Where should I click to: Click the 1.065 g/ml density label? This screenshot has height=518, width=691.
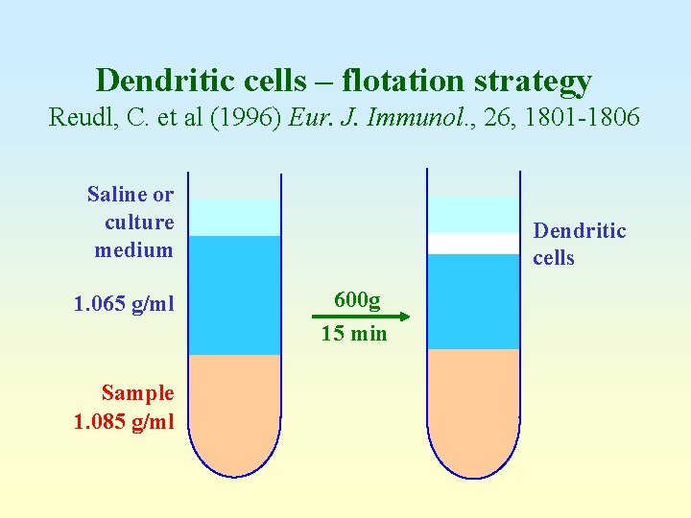click(125, 305)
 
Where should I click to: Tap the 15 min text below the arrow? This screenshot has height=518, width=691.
click(354, 334)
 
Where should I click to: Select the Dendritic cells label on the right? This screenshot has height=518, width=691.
click(580, 244)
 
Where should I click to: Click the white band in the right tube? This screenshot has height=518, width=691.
click(472, 244)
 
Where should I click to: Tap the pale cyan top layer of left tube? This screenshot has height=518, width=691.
click(234, 218)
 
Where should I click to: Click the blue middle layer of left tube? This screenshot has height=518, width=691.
click(234, 295)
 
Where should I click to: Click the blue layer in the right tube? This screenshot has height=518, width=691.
click(472, 301)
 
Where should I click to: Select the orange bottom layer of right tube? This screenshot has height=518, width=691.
click(472, 408)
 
